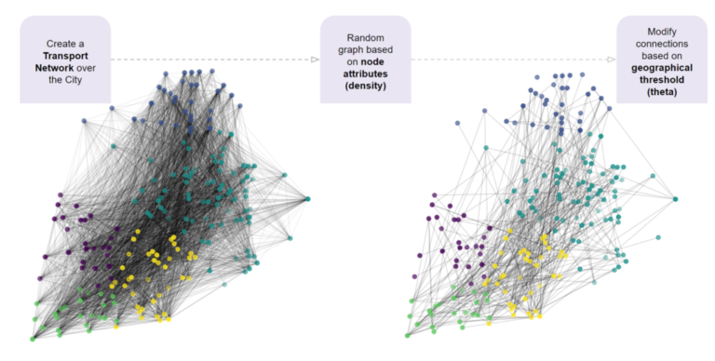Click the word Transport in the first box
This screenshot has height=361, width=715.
pyautogui.click(x=64, y=55)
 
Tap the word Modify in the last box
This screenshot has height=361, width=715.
pyautogui.click(x=662, y=31)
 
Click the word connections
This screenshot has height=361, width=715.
pyautogui.click(x=662, y=43)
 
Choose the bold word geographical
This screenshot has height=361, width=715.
pyautogui.click(x=662, y=67)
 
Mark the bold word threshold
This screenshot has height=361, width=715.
pyautogui.click(x=662, y=79)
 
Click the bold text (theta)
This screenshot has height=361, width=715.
pyautogui.click(x=662, y=91)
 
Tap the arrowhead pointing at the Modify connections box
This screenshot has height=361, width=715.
pyautogui.click(x=611, y=60)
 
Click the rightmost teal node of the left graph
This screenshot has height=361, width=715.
pyautogui.click(x=307, y=198)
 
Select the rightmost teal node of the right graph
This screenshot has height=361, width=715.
pyautogui.click(x=675, y=198)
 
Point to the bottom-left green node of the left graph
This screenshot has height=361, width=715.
pyautogui.click(x=32, y=339)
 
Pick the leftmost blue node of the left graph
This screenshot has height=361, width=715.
pyautogui.click(x=85, y=121)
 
